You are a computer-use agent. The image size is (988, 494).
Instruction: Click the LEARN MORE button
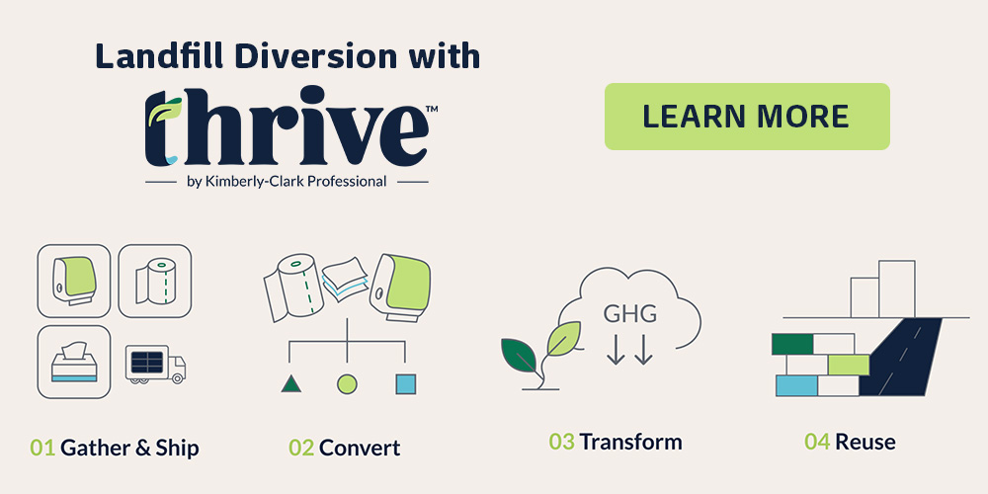pyautogui.click(x=746, y=117)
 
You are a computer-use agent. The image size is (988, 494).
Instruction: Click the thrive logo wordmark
pyautogui.click(x=287, y=128)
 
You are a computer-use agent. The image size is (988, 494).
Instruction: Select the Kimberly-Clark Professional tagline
pyautogui.click(x=287, y=182)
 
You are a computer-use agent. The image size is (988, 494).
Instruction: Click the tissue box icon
pyautogui.click(x=73, y=362)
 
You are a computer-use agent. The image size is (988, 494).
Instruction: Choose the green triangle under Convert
pyautogui.click(x=290, y=383)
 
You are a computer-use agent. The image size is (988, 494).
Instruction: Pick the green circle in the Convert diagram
pyautogui.click(x=347, y=383)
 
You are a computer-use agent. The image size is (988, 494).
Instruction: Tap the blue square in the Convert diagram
pyautogui.click(x=405, y=383)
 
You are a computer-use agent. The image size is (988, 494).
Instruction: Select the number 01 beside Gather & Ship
pyautogui.click(x=42, y=448)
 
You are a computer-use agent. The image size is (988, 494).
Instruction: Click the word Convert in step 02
pyautogui.click(x=360, y=448)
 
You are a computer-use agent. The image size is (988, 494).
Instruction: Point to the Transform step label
pyautogui.click(x=630, y=441)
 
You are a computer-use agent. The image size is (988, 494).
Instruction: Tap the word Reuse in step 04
pyautogui.click(x=865, y=441)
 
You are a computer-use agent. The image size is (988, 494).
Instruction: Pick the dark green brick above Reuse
pyautogui.click(x=791, y=344)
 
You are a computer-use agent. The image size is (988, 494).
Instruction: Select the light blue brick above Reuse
pyautogui.click(x=796, y=385)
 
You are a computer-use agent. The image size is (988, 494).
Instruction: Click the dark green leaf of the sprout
pyautogui.click(x=521, y=352)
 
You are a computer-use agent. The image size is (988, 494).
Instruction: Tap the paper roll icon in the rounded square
pyautogui.click(x=154, y=281)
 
